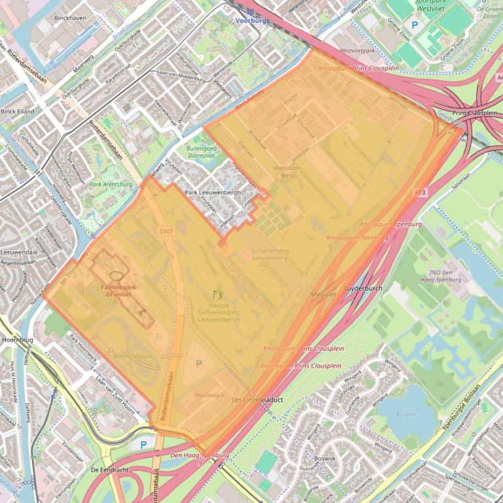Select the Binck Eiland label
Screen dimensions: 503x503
coord(18,111)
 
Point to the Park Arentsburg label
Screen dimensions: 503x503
coord(111,184)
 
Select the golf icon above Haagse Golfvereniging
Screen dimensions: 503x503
coord(218,296)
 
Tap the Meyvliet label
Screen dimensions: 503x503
coord(322,295)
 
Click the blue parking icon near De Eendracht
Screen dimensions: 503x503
coord(143,444)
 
